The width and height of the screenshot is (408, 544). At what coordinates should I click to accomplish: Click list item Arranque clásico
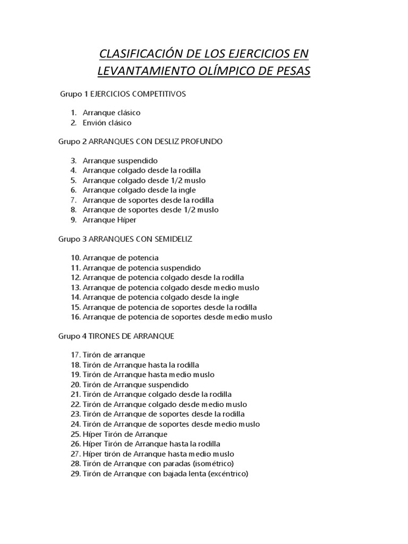tap(112, 113)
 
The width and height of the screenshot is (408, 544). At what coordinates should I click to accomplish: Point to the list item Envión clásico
tap(107, 123)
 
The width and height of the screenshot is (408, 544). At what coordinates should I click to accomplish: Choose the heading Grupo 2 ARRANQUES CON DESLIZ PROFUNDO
tap(140, 141)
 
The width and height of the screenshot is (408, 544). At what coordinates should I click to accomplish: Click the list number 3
tap(73, 160)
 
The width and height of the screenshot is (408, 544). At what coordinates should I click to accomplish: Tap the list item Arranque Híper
tap(109, 220)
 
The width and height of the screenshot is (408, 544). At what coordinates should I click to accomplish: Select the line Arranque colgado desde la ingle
tap(139, 190)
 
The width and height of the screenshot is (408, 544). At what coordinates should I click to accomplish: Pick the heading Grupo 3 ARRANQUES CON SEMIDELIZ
tap(125, 239)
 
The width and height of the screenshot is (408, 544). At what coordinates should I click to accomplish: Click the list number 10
tap(75, 258)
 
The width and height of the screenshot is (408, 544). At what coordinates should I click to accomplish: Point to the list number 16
tap(75, 317)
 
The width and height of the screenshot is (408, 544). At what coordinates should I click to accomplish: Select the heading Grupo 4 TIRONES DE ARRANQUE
tap(116, 336)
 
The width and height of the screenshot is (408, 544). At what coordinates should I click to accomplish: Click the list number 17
tap(75, 355)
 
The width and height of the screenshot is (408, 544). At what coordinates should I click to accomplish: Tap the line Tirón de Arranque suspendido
tap(135, 384)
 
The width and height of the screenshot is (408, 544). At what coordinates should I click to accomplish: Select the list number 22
tap(75, 404)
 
